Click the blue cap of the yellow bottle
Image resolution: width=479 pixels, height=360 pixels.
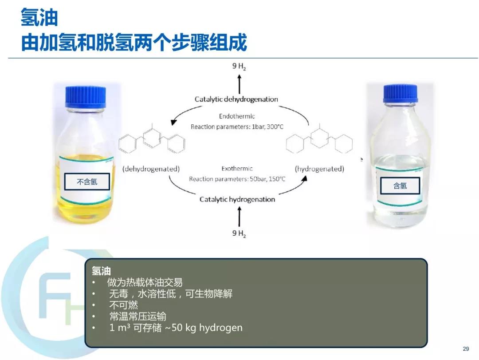coord(86,97)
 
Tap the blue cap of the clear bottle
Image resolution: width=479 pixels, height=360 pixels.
coord(400,94)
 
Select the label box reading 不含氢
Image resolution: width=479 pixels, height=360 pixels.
coord(87,182)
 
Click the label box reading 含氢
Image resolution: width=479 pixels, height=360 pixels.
coord(400,186)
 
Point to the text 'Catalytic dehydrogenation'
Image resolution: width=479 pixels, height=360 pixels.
coord(236,99)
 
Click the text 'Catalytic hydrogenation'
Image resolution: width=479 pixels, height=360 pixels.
coord(237,199)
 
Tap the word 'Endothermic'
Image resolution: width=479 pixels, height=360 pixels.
coord(237,116)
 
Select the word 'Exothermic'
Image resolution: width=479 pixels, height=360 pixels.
coord(237,169)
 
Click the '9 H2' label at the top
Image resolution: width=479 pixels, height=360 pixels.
coord(239,66)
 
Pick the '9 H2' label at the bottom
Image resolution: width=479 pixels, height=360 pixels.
coord(239,233)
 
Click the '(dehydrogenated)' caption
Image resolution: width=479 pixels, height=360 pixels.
coord(151,169)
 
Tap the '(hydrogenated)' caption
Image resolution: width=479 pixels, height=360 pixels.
coord(319,169)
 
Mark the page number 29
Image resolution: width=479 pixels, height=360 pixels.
coord(466,349)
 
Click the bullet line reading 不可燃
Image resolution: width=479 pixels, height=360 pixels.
coord(123,305)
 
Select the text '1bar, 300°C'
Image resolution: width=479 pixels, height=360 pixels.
coord(267,127)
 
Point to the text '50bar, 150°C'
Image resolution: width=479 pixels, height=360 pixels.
coord(267,179)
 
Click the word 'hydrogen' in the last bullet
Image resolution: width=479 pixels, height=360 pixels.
coord(220,328)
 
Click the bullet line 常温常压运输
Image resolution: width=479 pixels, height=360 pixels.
coord(138,316)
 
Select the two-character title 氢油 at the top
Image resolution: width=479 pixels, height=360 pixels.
coord(39,17)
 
